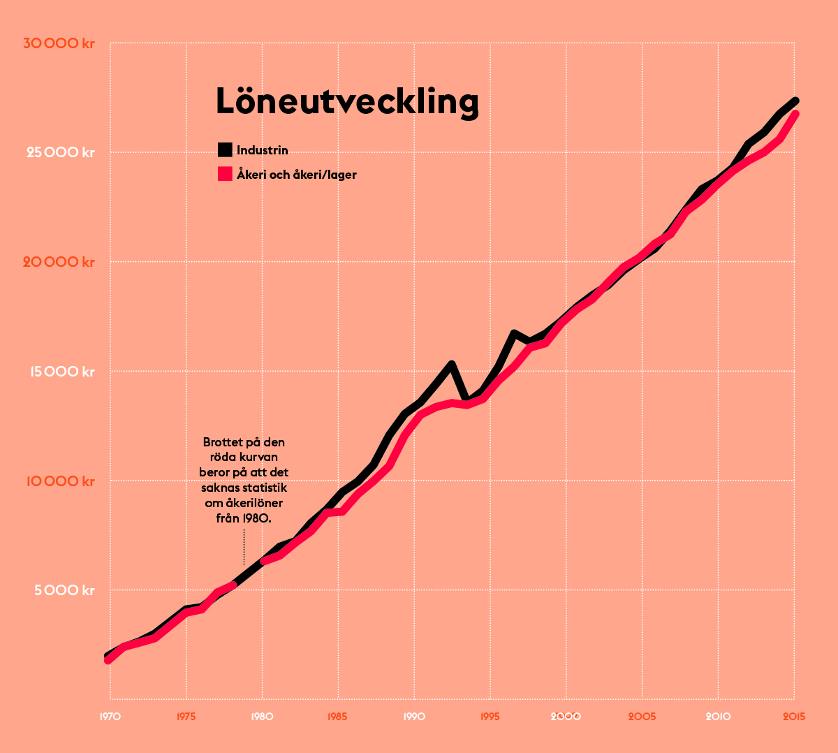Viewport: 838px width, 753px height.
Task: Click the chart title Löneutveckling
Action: [347, 101]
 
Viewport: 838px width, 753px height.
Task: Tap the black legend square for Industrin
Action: [225, 149]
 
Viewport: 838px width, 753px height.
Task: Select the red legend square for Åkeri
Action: [225, 174]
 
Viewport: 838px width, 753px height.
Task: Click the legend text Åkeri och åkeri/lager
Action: [297, 175]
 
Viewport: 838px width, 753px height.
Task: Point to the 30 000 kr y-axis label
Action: [59, 43]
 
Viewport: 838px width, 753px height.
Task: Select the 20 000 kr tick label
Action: [59, 262]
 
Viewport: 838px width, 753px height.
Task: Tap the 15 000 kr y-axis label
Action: [61, 372]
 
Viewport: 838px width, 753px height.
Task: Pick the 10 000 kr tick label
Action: [60, 481]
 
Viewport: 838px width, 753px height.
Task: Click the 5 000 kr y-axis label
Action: [63, 591]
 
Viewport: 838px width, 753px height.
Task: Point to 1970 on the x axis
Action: [110, 717]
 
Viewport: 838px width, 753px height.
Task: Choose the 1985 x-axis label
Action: [338, 717]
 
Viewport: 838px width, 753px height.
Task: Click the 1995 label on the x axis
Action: [490, 717]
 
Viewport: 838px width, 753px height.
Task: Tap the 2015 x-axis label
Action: [793, 717]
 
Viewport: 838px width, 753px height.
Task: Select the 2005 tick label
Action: [642, 717]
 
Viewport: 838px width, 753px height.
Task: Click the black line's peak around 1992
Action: [452, 364]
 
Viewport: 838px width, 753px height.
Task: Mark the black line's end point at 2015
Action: [795, 101]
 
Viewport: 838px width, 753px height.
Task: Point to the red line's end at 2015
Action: [795, 115]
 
